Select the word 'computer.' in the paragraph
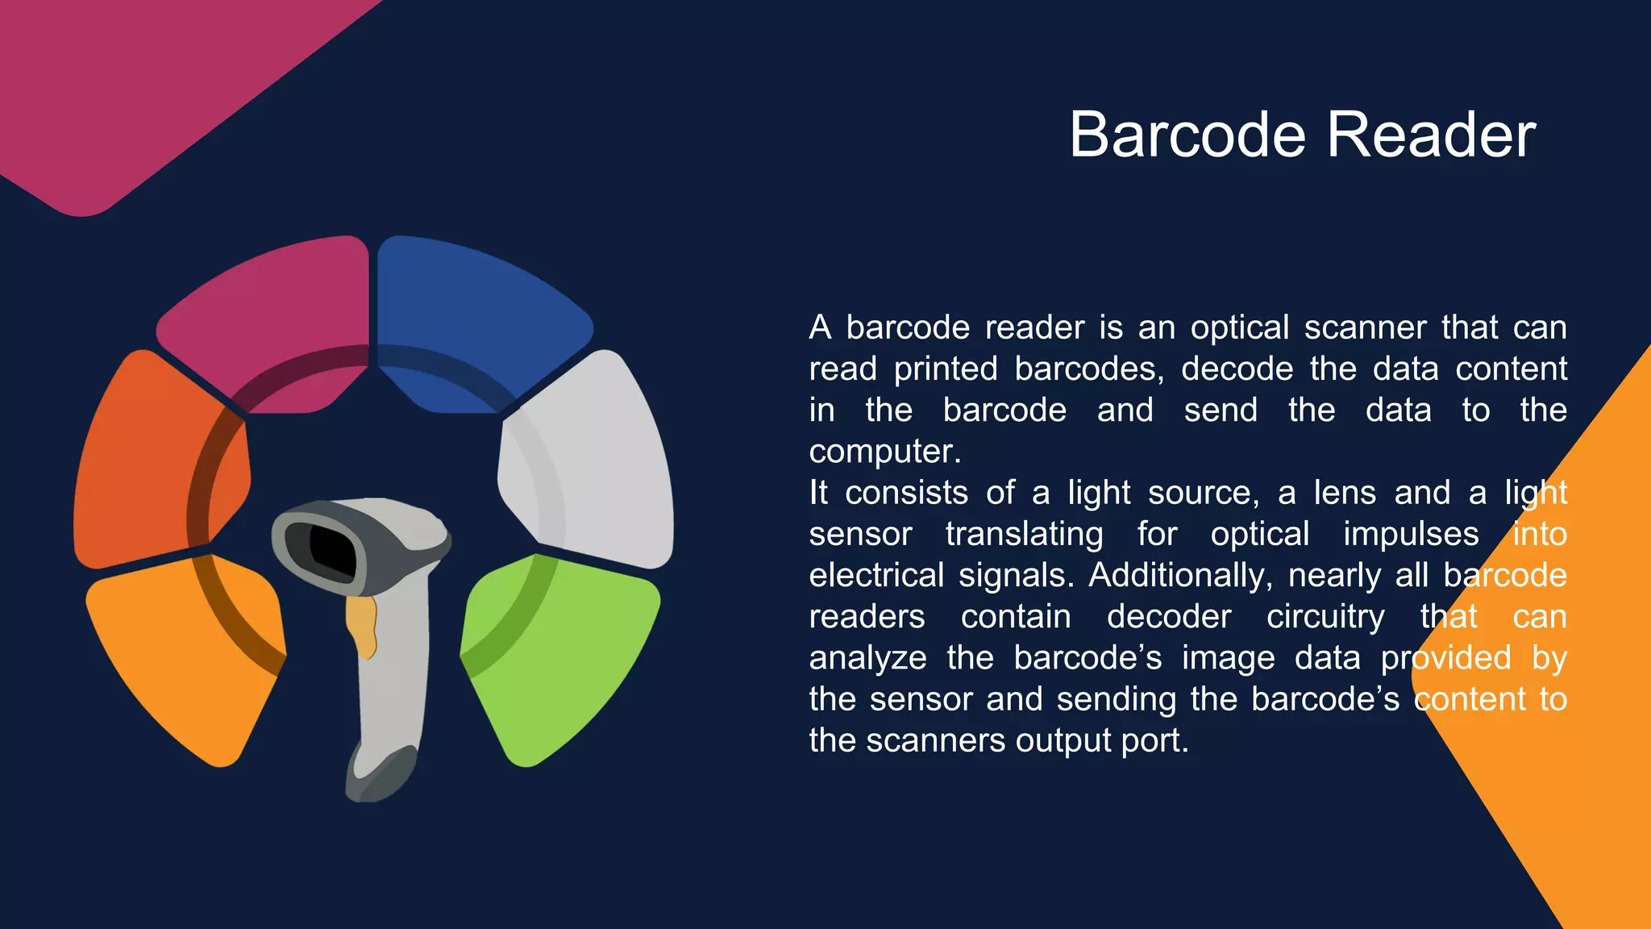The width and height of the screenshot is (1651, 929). [x=885, y=452]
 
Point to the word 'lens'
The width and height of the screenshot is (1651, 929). [x=1345, y=493]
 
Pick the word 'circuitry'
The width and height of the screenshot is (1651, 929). [x=1325, y=617]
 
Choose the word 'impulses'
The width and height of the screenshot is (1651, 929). [x=1411, y=535]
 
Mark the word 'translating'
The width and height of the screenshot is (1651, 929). [x=1024, y=535]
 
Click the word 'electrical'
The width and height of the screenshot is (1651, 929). [x=876, y=576]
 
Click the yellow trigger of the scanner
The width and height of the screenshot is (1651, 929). [x=363, y=625]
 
